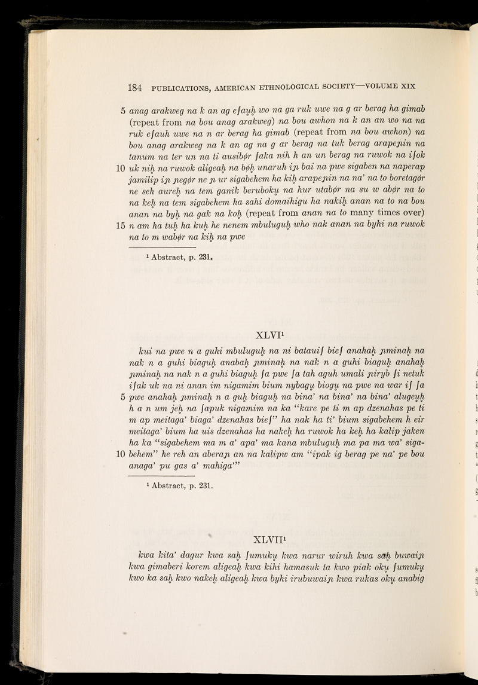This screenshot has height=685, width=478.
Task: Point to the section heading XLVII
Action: click(x=270, y=542)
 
